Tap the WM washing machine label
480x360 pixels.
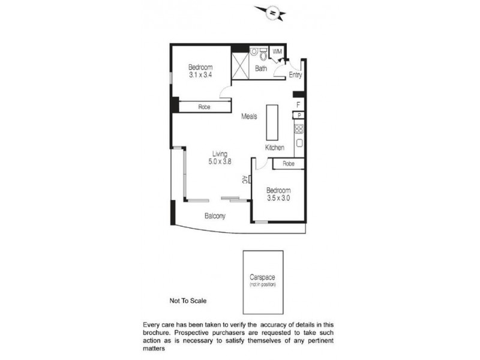[277, 52]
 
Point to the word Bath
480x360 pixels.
[261, 68]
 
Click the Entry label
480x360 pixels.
[295, 75]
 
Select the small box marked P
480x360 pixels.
[298, 115]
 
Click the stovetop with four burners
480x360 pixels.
[298, 128]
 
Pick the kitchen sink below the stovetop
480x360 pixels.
[298, 143]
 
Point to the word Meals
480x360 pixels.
[250, 116]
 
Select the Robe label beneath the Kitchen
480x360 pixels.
[288, 163]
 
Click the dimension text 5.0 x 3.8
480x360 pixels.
[220, 161]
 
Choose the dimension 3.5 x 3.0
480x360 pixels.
[278, 197]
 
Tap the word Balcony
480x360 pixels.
[215, 216]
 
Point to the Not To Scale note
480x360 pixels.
[188, 302]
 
